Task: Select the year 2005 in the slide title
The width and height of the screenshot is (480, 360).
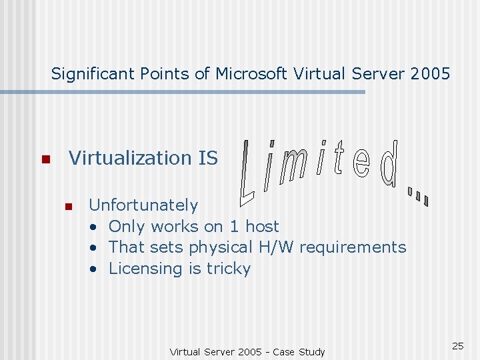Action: tap(431, 73)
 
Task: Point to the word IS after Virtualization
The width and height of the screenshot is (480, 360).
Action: tap(208, 158)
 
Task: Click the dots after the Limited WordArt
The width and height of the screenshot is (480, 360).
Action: tap(418, 195)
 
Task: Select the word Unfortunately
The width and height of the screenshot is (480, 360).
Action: tap(143, 205)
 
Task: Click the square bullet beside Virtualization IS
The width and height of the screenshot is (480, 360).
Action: tap(45, 159)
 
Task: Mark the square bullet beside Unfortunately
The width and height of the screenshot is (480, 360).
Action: tap(67, 206)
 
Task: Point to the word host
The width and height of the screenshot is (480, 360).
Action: tap(262, 226)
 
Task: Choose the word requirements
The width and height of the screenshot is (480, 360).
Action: tap(353, 247)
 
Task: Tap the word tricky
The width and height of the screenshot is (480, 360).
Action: tap(229, 269)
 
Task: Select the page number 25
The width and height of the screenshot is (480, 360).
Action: tap(457, 345)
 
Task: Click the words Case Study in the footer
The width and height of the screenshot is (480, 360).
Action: tap(299, 351)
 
